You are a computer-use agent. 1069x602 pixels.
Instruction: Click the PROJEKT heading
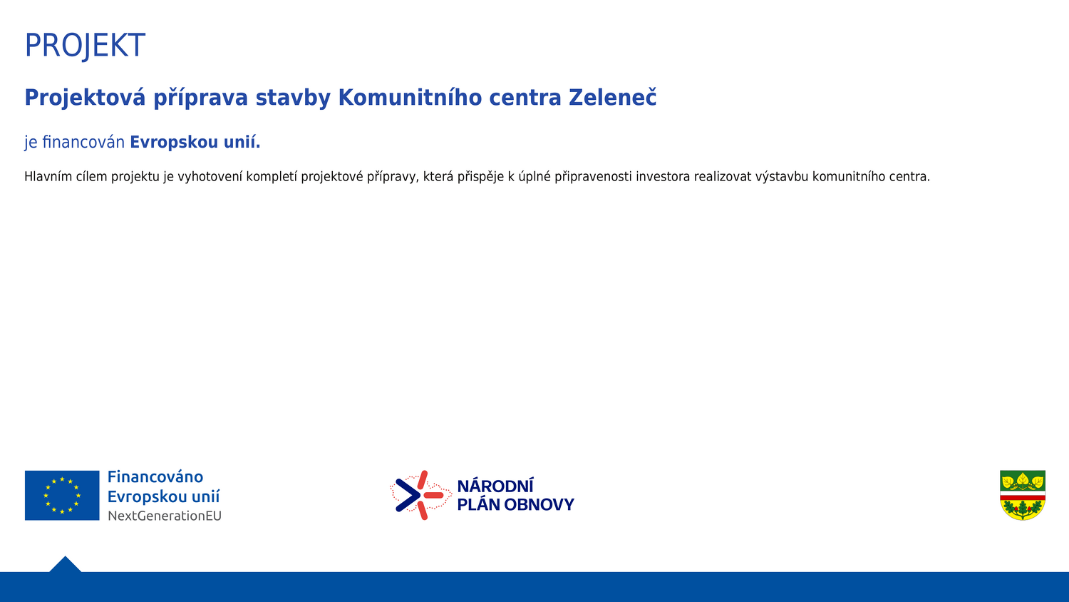point(85,46)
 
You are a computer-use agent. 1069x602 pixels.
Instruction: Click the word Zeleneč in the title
point(612,98)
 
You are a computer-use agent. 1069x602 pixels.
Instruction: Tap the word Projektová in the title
point(85,98)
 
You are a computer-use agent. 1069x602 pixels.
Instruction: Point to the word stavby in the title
point(293,98)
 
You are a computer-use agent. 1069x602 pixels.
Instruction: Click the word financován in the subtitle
point(83,142)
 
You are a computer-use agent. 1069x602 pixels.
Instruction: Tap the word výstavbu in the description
point(782,177)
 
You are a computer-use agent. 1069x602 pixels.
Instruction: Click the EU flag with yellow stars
point(62,496)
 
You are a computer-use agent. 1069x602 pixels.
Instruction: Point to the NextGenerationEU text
point(165,516)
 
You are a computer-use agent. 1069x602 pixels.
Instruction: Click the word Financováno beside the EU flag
point(155,477)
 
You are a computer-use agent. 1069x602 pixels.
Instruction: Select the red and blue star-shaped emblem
point(420,495)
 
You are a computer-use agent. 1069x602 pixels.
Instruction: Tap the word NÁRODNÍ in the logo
point(495,486)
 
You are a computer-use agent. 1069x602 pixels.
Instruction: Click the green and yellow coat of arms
point(1023,496)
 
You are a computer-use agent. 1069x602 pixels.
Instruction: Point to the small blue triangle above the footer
point(66,564)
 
